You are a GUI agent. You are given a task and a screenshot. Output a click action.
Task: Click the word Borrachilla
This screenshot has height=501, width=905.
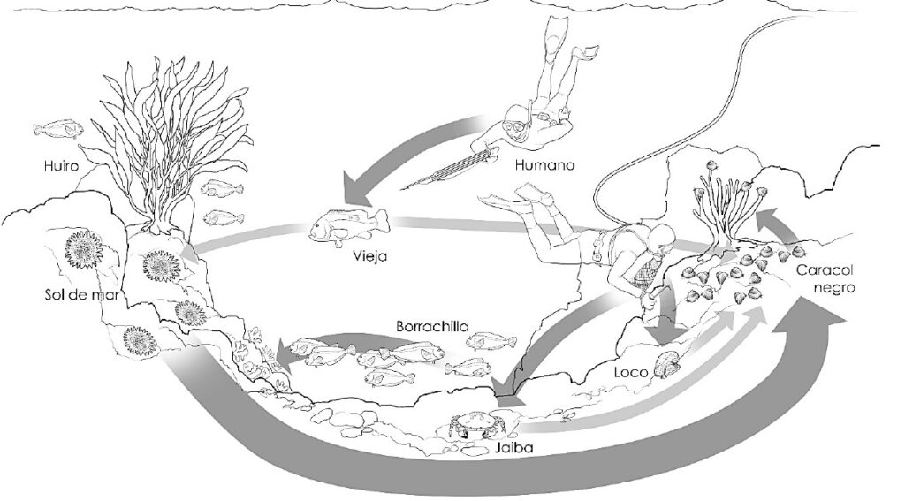click(x=430, y=326)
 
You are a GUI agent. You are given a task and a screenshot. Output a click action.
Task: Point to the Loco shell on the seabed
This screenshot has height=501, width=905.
click(x=666, y=364)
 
